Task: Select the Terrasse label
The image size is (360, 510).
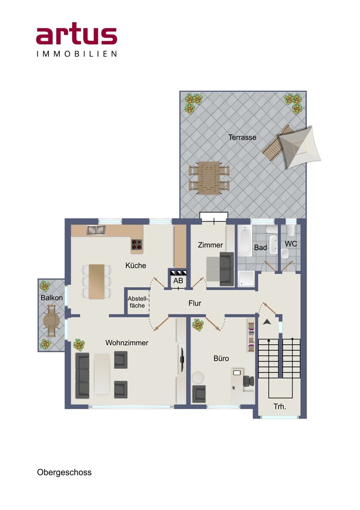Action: (242, 137)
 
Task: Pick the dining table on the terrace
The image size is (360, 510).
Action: (209, 178)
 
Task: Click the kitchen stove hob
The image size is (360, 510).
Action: (137, 244)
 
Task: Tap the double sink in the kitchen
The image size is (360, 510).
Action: (96, 230)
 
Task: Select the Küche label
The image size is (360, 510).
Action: (136, 266)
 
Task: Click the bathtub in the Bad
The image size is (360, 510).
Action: (245, 241)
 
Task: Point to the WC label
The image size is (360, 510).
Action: (291, 244)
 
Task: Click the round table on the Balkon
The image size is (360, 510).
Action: (52, 321)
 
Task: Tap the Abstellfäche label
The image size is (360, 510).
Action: (138, 302)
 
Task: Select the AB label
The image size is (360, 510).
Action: (178, 280)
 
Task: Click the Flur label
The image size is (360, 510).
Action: (195, 303)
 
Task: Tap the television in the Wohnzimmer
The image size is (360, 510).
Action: (182, 359)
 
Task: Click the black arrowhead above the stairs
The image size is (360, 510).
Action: (267, 322)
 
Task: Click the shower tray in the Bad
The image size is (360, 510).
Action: (246, 279)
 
